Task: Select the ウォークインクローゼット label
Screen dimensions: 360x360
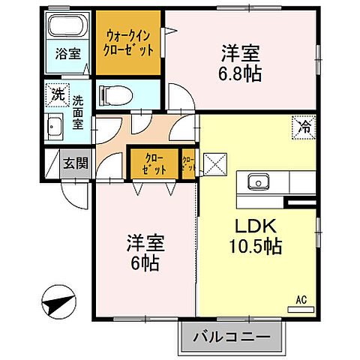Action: pos(129,42)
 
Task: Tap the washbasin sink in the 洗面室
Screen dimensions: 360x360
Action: pos(55,125)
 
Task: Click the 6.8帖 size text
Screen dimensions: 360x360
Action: pos(241,76)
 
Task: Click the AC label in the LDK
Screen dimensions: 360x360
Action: pos(301,299)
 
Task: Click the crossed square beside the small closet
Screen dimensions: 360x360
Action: pos(215,163)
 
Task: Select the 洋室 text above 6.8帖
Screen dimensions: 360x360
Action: pos(240,54)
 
